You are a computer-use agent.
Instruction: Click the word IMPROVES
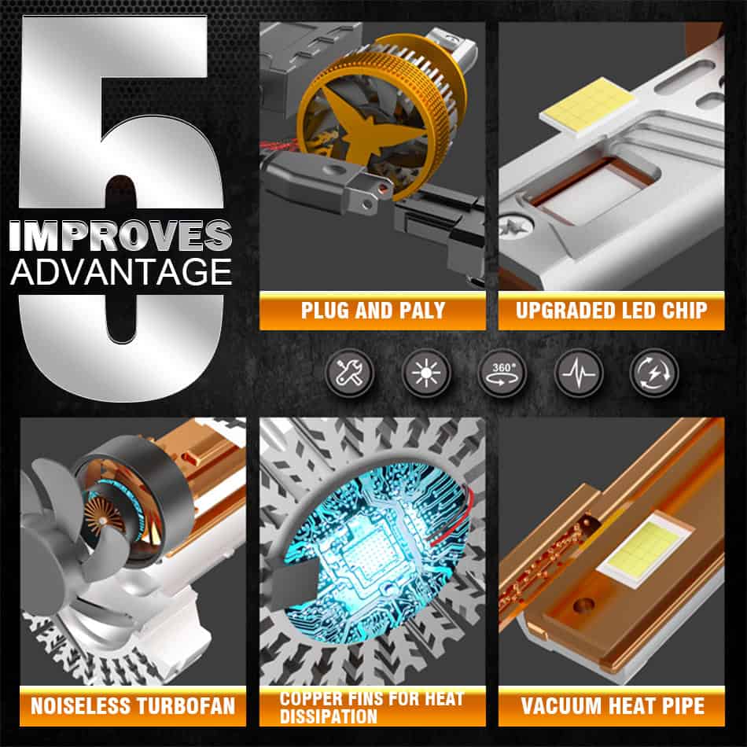(120, 235)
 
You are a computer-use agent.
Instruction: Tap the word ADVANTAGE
(121, 272)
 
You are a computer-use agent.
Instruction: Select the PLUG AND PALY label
(373, 311)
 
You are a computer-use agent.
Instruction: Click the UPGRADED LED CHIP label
(611, 311)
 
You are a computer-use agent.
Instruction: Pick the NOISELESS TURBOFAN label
(133, 706)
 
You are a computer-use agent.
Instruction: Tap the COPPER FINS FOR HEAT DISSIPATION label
(372, 708)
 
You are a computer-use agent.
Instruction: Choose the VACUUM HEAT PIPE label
(613, 706)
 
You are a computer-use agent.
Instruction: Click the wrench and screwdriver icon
(349, 373)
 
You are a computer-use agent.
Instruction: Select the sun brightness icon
(426, 373)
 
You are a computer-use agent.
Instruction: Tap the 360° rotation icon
(502, 373)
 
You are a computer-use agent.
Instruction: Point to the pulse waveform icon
(579, 373)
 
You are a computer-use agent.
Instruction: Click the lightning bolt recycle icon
(654, 373)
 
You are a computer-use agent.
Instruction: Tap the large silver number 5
(121, 208)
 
